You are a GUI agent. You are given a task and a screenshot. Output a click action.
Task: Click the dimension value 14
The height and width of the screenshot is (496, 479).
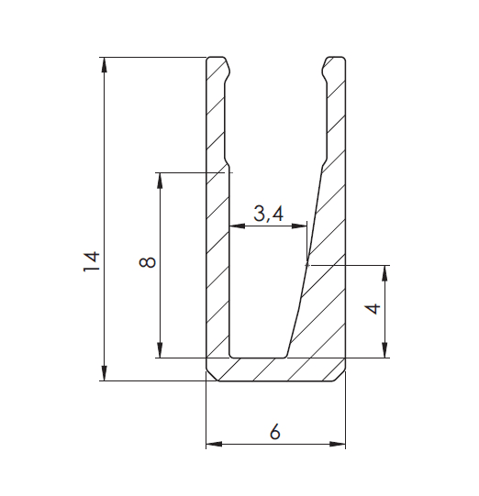pyautogui.click(x=92, y=261)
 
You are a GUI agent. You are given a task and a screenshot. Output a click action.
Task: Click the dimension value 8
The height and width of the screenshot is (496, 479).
pyautogui.click(x=147, y=262)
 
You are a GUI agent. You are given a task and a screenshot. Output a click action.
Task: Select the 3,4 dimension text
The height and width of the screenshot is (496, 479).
pyautogui.click(x=268, y=214)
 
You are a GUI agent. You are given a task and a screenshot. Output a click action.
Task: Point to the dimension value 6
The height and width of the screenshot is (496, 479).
pyautogui.click(x=274, y=431)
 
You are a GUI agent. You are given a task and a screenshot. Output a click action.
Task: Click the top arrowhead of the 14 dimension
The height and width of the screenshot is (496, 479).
pyautogui.click(x=104, y=65)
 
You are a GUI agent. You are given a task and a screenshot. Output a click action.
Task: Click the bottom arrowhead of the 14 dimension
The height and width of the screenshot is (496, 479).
pyautogui.click(x=104, y=373)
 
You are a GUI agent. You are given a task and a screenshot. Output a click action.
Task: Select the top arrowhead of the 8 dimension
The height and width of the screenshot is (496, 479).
pyautogui.click(x=160, y=181)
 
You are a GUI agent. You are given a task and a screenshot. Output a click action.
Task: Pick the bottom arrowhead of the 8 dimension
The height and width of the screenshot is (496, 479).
pyautogui.click(x=160, y=350)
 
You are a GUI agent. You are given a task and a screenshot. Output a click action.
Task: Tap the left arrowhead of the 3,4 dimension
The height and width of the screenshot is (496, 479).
pyautogui.click(x=237, y=226)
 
